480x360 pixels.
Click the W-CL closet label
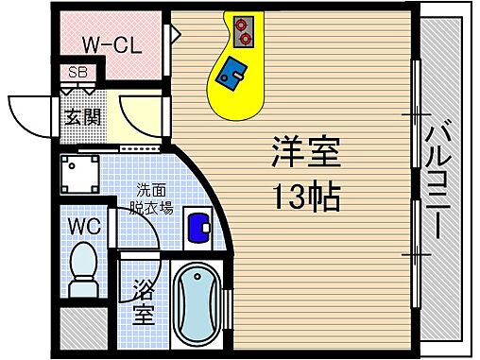click(111, 45)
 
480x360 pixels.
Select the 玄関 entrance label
click(82, 117)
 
